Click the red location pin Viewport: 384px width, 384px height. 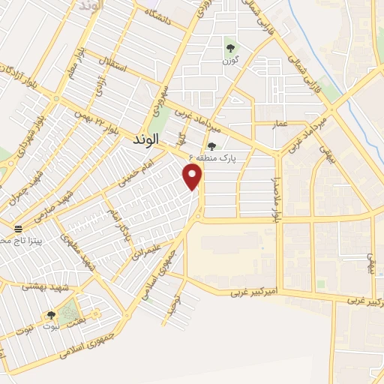(193, 175)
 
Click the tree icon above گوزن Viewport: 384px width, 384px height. (231, 47)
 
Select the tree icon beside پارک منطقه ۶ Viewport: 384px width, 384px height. (212, 147)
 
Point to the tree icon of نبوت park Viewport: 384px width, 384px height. (51, 315)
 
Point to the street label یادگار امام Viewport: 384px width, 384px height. (116, 226)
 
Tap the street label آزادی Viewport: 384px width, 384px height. (102, 88)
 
